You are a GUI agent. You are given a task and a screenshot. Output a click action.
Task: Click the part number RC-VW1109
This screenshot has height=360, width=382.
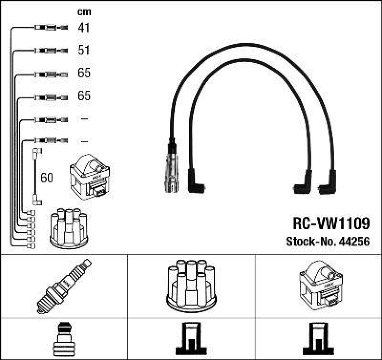click(330, 223)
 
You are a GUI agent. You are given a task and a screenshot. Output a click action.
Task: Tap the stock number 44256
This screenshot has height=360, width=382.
click(354, 242)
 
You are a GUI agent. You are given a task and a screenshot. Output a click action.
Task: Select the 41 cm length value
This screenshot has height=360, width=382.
click(84, 28)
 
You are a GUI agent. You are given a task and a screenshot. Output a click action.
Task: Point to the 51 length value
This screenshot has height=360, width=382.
click(84, 50)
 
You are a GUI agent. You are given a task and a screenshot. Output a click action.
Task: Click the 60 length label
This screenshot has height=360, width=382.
click(47, 178)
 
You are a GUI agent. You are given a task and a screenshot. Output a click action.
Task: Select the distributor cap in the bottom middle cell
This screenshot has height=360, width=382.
click(191, 285)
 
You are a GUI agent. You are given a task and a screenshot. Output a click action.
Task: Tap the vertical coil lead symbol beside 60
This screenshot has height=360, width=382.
click(35, 177)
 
